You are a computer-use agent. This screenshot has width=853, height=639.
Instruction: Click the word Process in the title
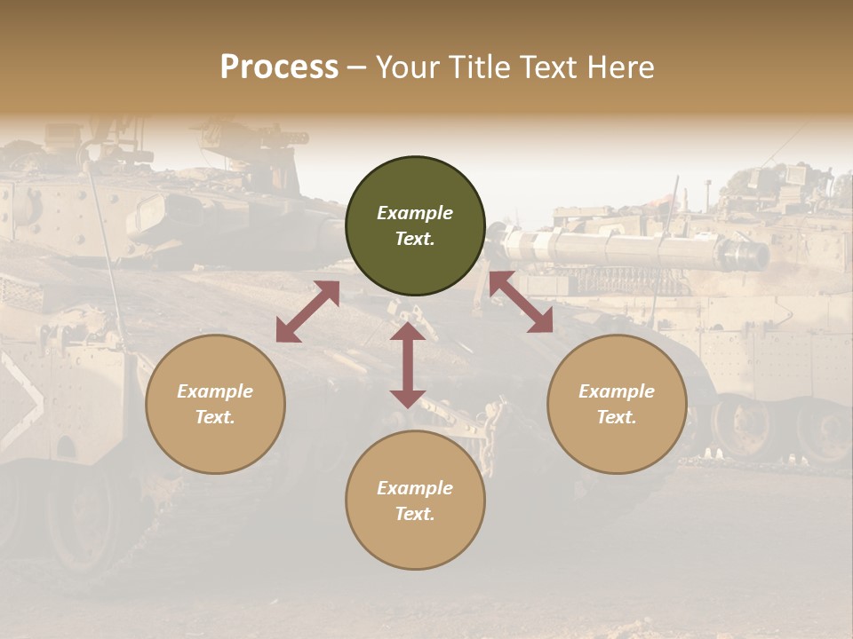coord(279,67)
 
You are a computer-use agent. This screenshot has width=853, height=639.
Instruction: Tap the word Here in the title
coord(619,67)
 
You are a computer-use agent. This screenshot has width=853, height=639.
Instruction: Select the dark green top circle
coord(415,226)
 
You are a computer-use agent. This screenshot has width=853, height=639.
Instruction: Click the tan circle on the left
coord(215,404)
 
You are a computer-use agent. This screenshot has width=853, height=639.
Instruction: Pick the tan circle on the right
coord(617,404)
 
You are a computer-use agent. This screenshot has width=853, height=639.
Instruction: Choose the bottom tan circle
coord(415,501)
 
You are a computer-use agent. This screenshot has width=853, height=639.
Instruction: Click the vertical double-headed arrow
coord(408,365)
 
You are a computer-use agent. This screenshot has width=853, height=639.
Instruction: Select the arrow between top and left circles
coord(307,312)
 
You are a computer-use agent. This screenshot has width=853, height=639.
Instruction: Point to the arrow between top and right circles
coord(521,302)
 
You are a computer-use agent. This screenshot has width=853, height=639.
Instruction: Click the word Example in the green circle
coord(415,213)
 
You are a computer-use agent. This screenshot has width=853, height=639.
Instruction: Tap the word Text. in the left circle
coord(215,417)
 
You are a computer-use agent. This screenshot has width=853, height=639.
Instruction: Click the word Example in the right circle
coord(617,391)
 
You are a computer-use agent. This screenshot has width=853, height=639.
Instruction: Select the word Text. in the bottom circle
coord(415,514)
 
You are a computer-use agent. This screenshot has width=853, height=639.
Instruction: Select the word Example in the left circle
coord(215,391)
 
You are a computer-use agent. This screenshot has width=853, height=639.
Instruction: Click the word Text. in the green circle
coord(415,239)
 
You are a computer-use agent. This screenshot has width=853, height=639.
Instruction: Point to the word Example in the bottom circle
coord(415,488)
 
